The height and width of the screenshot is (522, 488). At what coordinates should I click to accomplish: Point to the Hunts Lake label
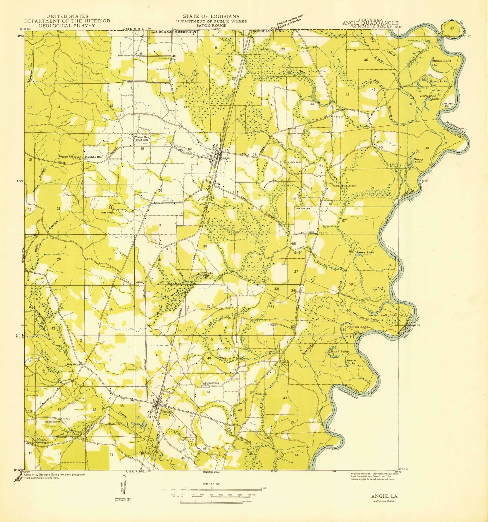click(441, 61)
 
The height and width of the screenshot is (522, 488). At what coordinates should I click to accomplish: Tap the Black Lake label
click(339, 352)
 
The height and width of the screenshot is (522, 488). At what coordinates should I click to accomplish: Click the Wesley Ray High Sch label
click(142, 139)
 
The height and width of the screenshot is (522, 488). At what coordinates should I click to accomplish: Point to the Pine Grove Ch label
click(111, 424)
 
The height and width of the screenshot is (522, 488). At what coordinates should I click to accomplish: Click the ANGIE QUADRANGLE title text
click(370, 23)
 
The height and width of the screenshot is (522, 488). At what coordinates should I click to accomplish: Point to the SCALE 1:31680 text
click(211, 484)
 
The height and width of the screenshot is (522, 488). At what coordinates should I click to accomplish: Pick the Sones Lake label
click(365, 252)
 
